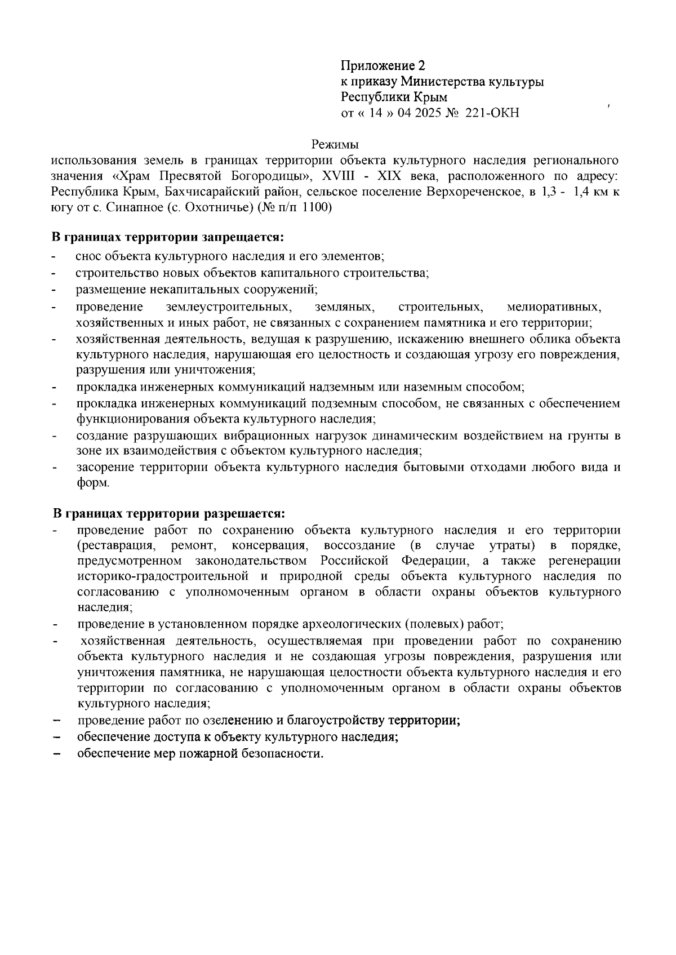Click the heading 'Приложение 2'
[383, 66]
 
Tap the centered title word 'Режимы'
[336, 145]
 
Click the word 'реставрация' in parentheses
[118, 545]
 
